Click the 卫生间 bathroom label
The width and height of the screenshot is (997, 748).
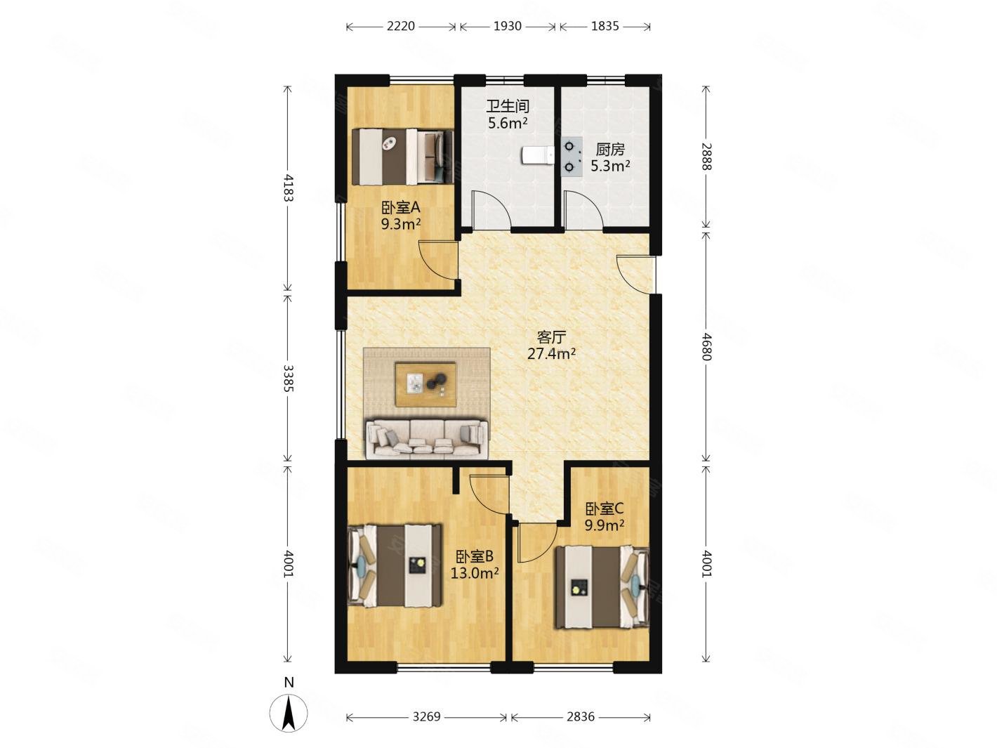click(508, 106)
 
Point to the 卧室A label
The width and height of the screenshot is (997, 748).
click(400, 208)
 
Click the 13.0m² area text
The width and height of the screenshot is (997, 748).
click(474, 573)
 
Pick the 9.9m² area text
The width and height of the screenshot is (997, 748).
click(604, 525)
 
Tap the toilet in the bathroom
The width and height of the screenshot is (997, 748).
click(537, 155)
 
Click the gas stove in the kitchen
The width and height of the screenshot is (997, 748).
click(571, 157)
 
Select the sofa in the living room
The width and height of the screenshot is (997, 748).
click(427, 438)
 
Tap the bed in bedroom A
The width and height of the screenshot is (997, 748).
click(403, 157)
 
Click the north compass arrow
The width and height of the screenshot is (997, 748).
click(289, 713)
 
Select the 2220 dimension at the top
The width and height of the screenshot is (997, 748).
click(401, 27)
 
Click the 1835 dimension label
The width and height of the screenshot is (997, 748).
click(605, 27)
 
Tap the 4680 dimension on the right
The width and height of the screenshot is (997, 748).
click(706, 346)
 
